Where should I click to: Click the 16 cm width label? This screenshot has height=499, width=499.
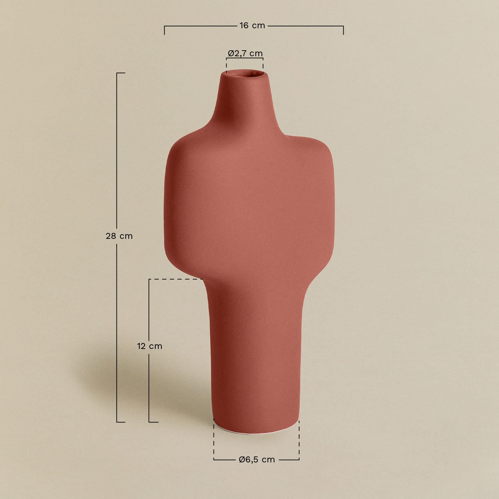point(252,26)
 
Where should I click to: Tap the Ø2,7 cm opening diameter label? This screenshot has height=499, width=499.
point(245,53)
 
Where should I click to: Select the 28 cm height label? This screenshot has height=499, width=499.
point(119,236)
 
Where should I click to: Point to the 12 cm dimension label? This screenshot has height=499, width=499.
point(150,346)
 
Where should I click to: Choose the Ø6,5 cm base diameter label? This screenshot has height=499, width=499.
point(257,460)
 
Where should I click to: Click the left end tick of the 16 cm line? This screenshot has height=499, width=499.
point(164,30)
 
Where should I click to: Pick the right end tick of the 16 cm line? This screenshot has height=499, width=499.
point(343,30)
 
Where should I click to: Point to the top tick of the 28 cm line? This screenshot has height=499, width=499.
point(121,73)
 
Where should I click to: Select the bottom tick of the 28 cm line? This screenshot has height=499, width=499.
point(121,422)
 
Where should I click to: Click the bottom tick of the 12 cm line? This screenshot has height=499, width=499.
point(153,422)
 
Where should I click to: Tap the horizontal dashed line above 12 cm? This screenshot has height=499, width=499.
point(176,279)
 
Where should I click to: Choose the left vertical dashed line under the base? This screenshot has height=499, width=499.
point(214,439)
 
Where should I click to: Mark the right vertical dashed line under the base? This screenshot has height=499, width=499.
point(299,439)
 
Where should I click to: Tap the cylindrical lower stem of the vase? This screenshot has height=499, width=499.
point(256,359)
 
